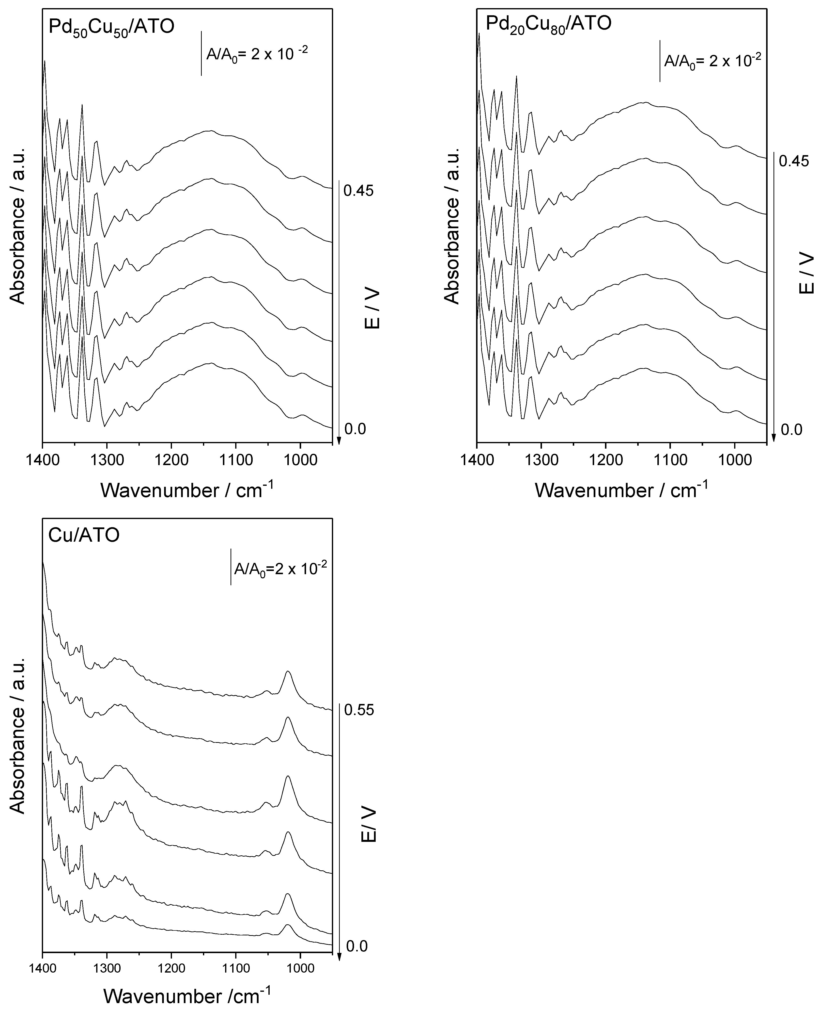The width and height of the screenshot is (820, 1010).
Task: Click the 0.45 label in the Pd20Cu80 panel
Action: pyautogui.click(x=793, y=162)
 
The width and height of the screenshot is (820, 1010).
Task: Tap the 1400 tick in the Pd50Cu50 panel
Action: pyautogui.click(x=43, y=459)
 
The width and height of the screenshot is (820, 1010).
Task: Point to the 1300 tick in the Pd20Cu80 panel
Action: pyautogui.click(x=541, y=459)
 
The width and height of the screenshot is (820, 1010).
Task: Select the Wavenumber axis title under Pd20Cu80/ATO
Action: pyautogui.click(x=622, y=490)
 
